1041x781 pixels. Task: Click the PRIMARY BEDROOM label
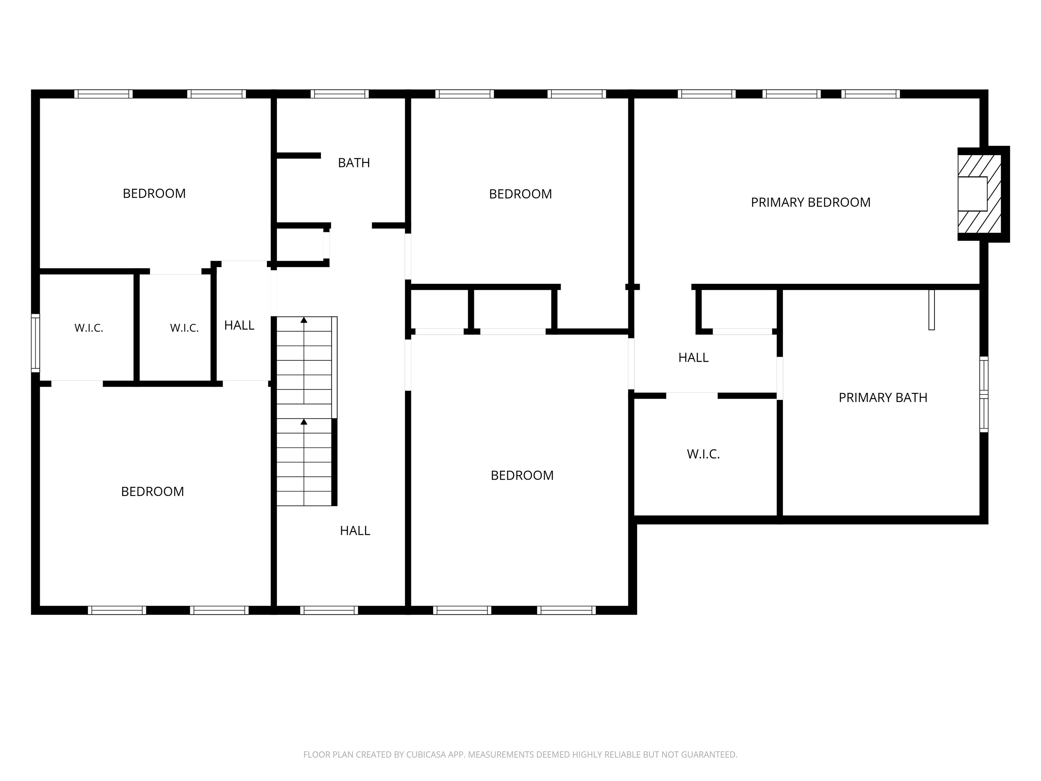[x=810, y=202]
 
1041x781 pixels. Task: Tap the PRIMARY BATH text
[x=883, y=398]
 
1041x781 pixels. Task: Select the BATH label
[x=354, y=163]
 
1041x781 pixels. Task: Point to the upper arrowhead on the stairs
[x=304, y=320]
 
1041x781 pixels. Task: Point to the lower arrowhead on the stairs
[x=304, y=422]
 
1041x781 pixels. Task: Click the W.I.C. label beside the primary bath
[x=703, y=454]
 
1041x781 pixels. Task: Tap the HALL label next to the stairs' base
[x=355, y=531]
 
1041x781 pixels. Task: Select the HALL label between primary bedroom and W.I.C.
[x=693, y=358]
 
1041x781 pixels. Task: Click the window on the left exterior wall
[x=35, y=343]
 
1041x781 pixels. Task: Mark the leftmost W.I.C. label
[x=88, y=328]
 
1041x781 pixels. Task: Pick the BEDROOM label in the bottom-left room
[x=152, y=492]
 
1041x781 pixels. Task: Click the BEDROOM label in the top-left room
[x=155, y=194]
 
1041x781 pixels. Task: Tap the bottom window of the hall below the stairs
[x=329, y=610]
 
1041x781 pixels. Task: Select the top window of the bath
[x=339, y=94]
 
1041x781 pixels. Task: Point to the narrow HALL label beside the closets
[x=239, y=325]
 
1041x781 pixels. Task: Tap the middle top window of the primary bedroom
[x=791, y=94]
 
